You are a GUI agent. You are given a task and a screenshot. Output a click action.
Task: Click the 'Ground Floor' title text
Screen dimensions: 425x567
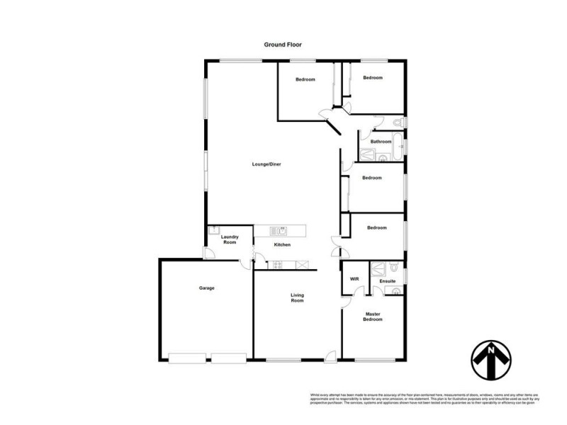coord(283,44)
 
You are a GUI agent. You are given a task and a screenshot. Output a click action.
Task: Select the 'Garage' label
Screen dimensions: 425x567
coord(206,288)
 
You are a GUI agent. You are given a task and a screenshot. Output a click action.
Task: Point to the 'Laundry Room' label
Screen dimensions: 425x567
coord(229,240)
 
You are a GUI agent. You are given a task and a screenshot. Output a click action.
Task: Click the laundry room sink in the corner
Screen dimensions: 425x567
coord(212,229)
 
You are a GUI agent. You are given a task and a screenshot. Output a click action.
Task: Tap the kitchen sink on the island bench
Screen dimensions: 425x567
coord(281,229)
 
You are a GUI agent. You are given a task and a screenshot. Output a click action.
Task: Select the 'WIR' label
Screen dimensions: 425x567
coord(355,279)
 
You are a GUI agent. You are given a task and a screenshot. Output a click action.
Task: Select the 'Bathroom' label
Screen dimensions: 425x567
coord(381,142)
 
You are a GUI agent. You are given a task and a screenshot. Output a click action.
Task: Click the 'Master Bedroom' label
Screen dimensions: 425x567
coord(374,317)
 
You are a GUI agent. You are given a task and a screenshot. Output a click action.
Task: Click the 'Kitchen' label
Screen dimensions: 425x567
coord(283,245)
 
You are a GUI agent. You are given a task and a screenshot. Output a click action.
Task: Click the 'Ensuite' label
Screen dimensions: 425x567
coord(387,281)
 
